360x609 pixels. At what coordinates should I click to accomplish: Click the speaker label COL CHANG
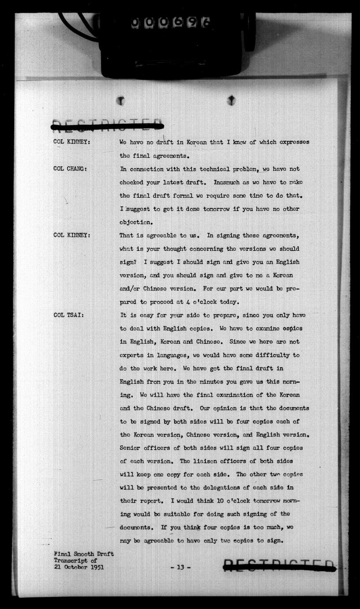(x=70, y=169)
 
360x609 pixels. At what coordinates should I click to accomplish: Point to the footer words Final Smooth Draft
(x=83, y=554)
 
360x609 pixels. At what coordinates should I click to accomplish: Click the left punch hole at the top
(x=120, y=101)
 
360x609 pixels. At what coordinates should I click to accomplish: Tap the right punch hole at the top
(x=231, y=101)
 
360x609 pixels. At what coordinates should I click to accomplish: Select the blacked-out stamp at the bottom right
(x=279, y=566)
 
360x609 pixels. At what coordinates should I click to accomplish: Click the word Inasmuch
(x=228, y=182)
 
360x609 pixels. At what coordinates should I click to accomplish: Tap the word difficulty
(x=271, y=355)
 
